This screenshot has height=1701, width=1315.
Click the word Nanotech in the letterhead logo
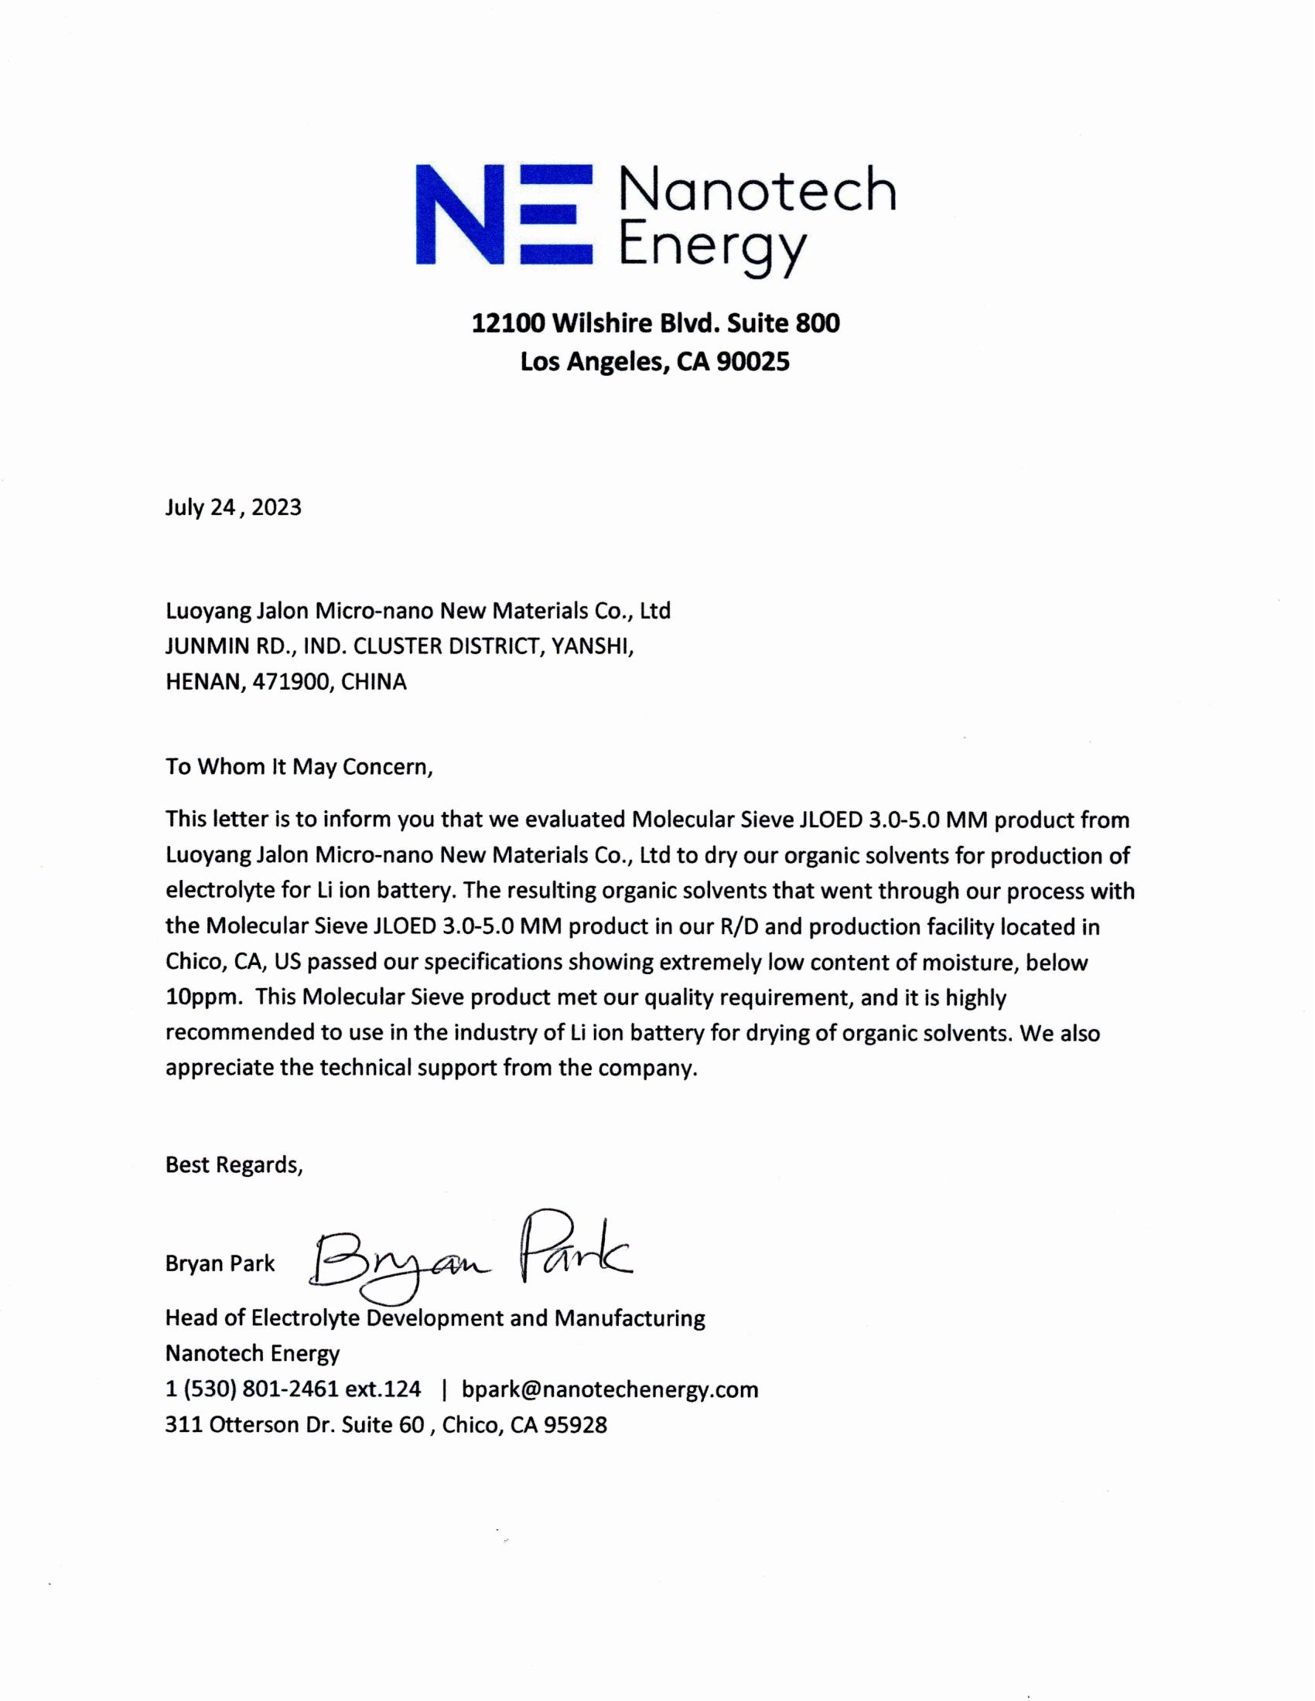click(x=757, y=190)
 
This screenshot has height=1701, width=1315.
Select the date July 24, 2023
click(x=233, y=508)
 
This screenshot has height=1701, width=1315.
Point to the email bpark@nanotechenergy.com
click(x=610, y=1389)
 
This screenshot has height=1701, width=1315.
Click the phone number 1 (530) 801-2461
click(x=250, y=1389)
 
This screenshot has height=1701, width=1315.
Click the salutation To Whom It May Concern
click(x=299, y=766)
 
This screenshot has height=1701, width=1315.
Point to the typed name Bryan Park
click(x=220, y=1263)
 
